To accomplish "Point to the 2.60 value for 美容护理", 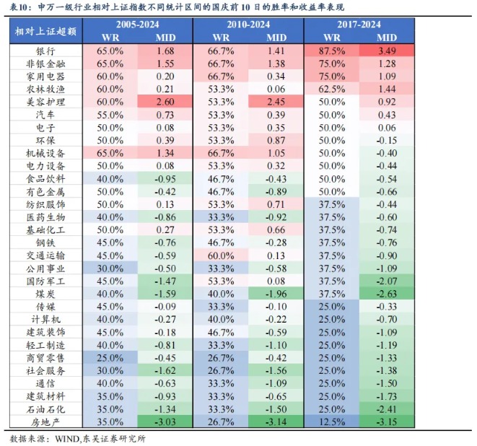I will [165, 102].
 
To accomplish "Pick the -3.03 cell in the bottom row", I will [165, 421].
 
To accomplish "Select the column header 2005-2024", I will [138, 25].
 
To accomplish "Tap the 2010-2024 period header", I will [248, 25].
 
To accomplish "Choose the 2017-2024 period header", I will [359, 25].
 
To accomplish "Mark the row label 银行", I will [45, 51].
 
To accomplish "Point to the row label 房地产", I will [45, 421].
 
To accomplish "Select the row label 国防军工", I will [45, 281].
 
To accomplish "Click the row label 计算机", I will [45, 319].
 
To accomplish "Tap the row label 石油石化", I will [45, 408].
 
